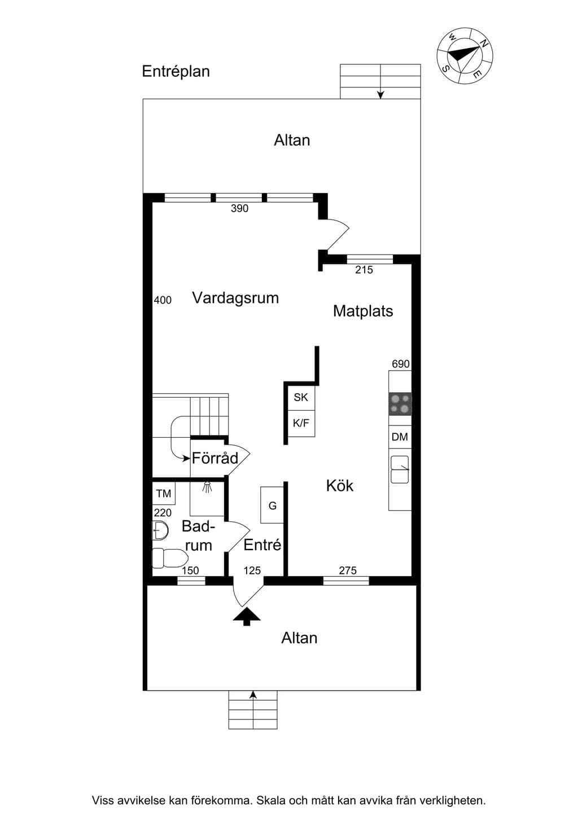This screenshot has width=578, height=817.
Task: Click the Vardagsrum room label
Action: coord(235,298)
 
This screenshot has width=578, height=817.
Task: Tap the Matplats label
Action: coord(363,311)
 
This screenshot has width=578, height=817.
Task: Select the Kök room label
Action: coord(340,486)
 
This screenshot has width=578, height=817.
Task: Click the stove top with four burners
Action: coord(400,404)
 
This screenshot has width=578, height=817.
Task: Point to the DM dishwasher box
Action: coord(400,437)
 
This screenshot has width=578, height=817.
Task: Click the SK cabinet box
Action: coord(301,397)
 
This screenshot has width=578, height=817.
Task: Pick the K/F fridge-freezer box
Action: coord(301,424)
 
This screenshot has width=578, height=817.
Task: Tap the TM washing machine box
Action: coord(164,494)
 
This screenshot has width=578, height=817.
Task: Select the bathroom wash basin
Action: coord(160,530)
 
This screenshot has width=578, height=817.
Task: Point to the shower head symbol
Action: coord(207,487)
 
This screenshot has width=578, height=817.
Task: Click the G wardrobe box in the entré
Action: coord(272,506)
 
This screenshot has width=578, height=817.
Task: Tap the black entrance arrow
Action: coord(247,616)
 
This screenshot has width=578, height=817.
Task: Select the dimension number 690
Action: coord(401,364)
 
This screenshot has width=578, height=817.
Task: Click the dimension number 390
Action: coord(240,208)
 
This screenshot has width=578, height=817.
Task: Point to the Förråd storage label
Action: coord(215,458)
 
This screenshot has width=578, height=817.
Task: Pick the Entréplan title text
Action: coord(176,72)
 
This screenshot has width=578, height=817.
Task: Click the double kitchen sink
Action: coord(400,469)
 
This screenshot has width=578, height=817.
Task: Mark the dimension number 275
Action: coord(348,570)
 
